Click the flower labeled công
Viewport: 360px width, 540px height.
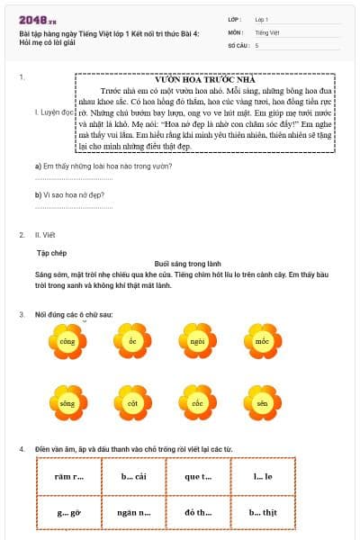pyautogui.click(x=67, y=341)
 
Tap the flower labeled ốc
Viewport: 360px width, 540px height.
pyautogui.click(x=132, y=341)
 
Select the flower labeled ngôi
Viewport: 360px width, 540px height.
pyautogui.click(x=198, y=341)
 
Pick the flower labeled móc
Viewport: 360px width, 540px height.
pyautogui.click(x=262, y=341)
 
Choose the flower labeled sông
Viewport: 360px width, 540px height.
pyautogui.click(x=67, y=404)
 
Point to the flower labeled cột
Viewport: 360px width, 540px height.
pyautogui.click(x=132, y=404)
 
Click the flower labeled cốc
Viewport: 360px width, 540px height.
pyautogui.click(x=198, y=404)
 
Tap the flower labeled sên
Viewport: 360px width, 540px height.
pyautogui.click(x=262, y=404)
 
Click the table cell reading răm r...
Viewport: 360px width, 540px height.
pyautogui.click(x=70, y=477)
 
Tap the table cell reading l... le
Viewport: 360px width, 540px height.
pyautogui.click(x=264, y=477)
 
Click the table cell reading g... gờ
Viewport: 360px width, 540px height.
pyautogui.click(x=70, y=511)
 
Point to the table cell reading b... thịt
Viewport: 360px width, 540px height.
pyautogui.click(x=264, y=511)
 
